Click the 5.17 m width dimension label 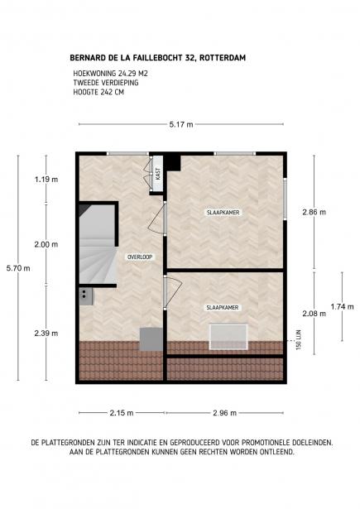181,124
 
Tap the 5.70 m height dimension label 18,268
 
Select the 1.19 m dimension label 46,180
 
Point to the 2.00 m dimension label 46,244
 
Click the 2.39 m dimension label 46,333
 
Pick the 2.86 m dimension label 314,212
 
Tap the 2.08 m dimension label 314,314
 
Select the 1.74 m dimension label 342,306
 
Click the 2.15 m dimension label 122,413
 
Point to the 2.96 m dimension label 224,413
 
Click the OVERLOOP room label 140,257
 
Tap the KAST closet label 158,174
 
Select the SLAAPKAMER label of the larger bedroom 223,213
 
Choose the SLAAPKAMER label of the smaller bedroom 223,307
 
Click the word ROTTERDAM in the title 223,58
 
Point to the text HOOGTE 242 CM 98,92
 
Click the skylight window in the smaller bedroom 228,336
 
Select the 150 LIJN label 299,339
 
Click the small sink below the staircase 86,296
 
